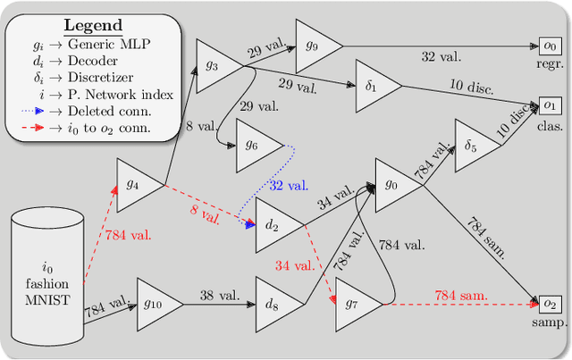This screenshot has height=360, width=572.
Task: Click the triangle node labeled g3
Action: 215,63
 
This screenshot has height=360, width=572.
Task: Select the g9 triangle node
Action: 315,45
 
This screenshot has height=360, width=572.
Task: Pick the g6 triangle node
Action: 255,145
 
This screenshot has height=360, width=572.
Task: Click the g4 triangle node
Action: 136,185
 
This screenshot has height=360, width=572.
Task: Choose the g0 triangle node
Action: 393,186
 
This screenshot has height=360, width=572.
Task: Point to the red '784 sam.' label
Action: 462,295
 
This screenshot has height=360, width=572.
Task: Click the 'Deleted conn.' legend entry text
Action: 116,112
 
